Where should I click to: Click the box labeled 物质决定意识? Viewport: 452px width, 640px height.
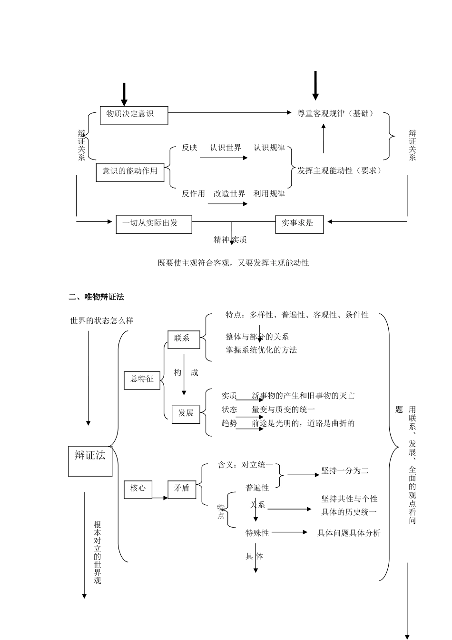point(134,115)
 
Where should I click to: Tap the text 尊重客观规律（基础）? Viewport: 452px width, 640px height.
point(336,113)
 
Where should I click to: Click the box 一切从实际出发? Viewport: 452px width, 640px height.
point(154,224)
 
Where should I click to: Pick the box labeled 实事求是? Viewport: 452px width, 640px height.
point(299,224)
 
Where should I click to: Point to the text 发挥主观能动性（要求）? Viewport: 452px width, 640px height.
point(340,170)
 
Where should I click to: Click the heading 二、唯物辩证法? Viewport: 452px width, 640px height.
point(96,297)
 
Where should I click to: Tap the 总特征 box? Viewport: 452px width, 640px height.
point(142,379)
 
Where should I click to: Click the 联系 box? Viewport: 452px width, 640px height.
point(184,339)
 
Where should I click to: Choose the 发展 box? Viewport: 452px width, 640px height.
point(186,413)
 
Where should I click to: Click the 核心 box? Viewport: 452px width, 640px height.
point(138,488)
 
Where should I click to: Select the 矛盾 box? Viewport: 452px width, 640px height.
point(182,488)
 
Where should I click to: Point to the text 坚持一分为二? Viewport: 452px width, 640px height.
point(345,470)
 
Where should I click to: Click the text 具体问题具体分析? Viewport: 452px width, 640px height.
point(349,533)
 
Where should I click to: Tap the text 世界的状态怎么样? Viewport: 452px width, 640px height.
point(102,320)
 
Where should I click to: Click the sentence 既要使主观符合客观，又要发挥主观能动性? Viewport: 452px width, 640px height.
point(233,262)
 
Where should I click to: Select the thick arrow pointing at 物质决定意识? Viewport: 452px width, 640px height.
point(124,94)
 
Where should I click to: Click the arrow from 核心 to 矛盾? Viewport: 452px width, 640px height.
point(160,498)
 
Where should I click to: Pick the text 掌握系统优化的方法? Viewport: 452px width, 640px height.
point(261,350)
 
